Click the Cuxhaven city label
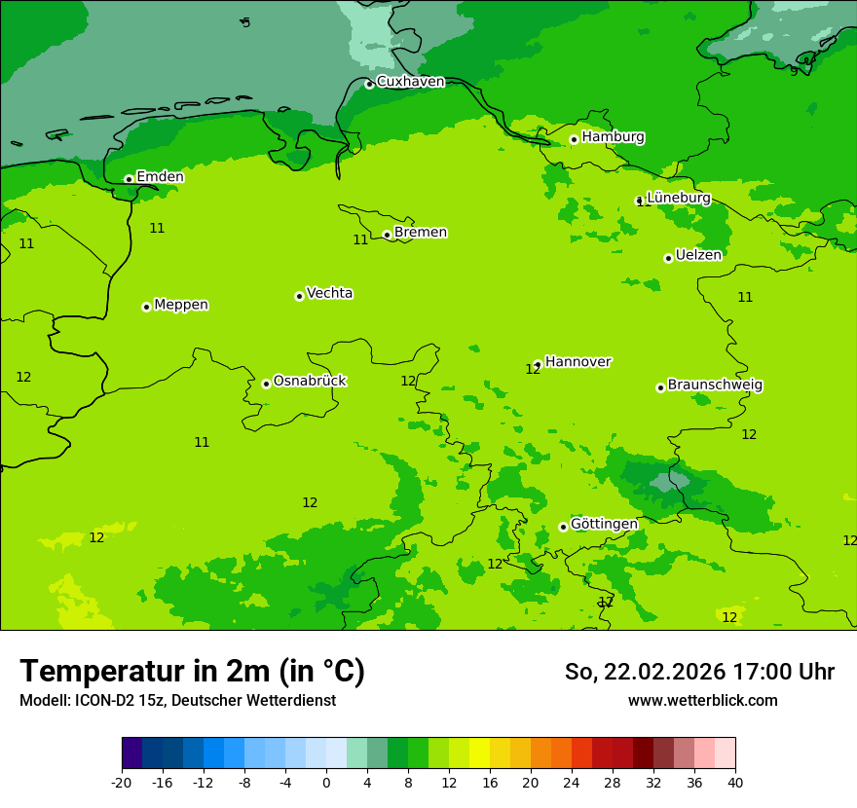tap(410, 82)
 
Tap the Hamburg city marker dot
tap(574, 139)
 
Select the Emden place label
tap(160, 177)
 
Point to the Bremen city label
tap(421, 233)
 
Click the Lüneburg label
tap(679, 198)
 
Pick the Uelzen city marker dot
tap(668, 258)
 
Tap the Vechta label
tap(329, 293)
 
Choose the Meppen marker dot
tap(146, 307)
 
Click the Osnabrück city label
tap(310, 381)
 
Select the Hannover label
tap(578, 362)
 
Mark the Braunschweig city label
tap(715, 385)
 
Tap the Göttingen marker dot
tap(563, 527)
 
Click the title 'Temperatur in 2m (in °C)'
tap(192, 672)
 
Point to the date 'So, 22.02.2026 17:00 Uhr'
tap(699, 672)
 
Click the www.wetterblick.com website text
tap(702, 701)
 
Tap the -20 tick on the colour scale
tap(122, 782)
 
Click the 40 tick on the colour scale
tap(735, 782)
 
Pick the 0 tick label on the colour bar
tap(326, 782)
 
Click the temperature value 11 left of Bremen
tap(360, 239)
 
